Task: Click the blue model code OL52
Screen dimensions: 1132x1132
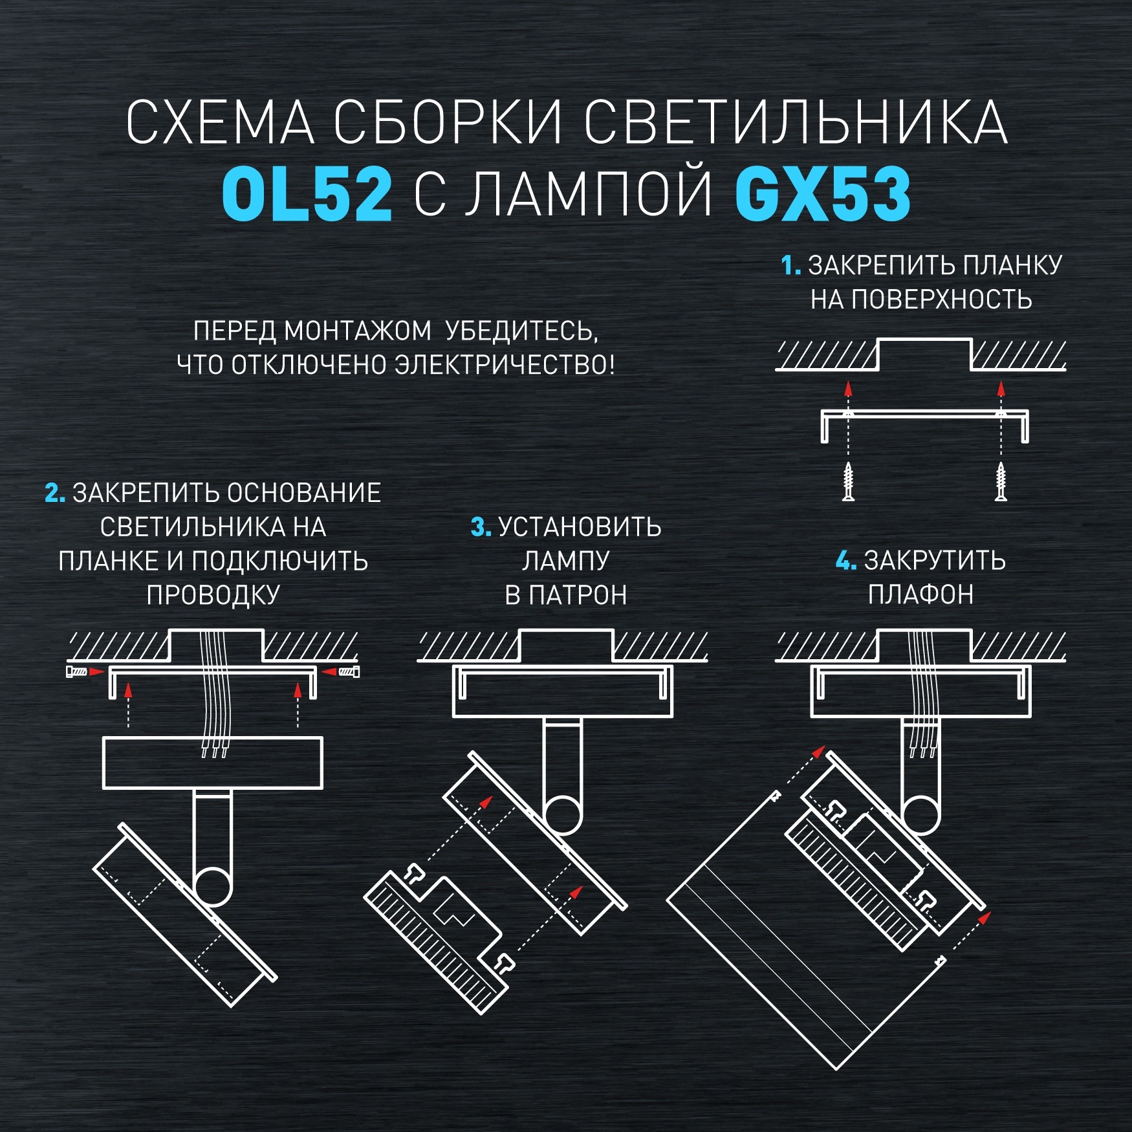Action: (307, 194)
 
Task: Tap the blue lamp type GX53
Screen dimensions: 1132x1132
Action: (823, 194)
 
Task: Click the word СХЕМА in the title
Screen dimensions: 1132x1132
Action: (220, 123)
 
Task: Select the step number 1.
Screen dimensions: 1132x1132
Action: (790, 266)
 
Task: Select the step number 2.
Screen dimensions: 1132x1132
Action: (55, 494)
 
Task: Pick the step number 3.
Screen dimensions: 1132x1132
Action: (481, 527)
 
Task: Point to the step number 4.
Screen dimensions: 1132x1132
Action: (845, 561)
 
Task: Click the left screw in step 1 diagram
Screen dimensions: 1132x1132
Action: (848, 482)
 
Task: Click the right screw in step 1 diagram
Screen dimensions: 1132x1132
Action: (1001, 482)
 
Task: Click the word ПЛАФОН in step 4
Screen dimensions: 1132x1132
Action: (920, 594)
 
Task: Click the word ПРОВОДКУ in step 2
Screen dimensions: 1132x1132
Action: (213, 595)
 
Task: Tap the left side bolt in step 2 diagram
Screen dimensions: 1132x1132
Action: (77, 672)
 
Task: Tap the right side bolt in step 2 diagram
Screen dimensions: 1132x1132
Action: (349, 672)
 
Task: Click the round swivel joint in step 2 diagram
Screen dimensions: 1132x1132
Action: (212, 886)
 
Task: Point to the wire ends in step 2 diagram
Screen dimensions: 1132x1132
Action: (214, 751)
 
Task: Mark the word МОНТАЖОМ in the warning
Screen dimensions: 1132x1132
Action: (358, 331)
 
